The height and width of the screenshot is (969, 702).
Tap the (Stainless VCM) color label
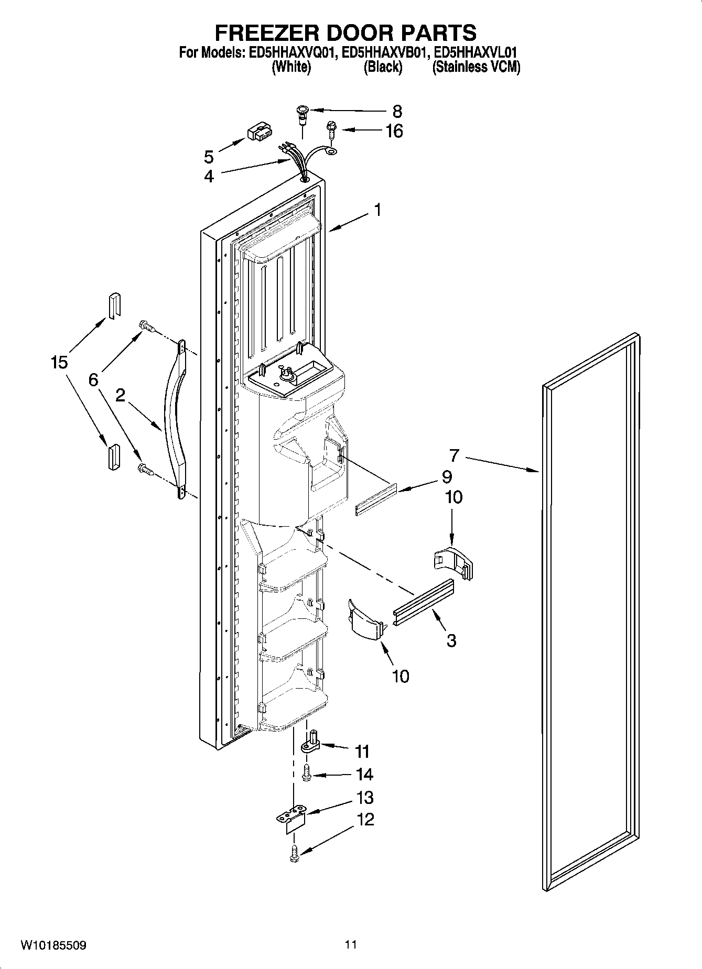point(476,68)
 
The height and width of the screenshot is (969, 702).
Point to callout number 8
point(397,111)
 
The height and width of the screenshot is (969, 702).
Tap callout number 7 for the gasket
point(453,456)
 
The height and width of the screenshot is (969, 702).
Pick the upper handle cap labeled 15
point(114,304)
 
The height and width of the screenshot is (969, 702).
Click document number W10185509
point(53,945)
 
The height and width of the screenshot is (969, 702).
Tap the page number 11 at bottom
point(351,945)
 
